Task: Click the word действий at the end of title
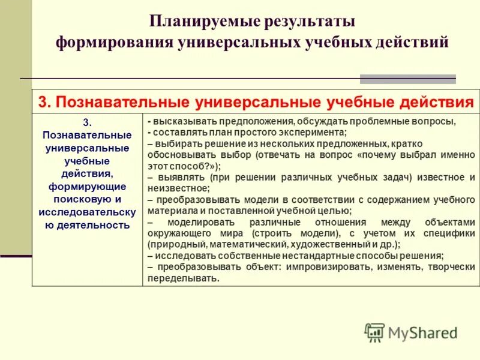(413, 43)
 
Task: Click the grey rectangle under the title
(407, 79)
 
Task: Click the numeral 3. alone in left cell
(87, 121)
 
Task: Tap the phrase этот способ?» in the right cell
(183, 166)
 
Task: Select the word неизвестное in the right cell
(174, 188)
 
